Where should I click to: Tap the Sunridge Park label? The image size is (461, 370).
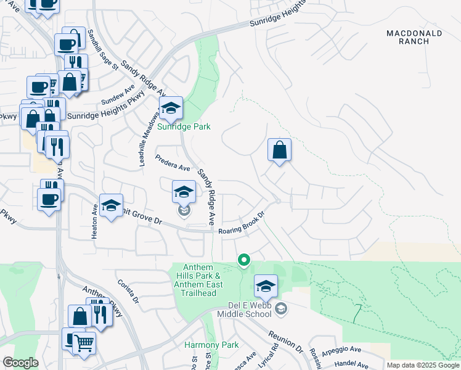(x=184, y=126)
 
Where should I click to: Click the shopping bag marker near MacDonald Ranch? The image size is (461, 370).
(x=279, y=150)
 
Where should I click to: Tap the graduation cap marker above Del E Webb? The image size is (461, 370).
(x=266, y=286)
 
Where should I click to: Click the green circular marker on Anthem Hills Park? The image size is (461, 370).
(x=244, y=260)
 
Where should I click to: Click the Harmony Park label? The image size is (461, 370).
(x=202, y=344)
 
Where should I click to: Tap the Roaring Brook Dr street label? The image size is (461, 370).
(x=242, y=224)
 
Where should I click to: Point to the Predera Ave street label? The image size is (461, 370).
(x=173, y=162)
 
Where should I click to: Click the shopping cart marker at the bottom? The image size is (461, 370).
(x=84, y=343)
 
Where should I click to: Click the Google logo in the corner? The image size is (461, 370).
(x=20, y=363)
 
